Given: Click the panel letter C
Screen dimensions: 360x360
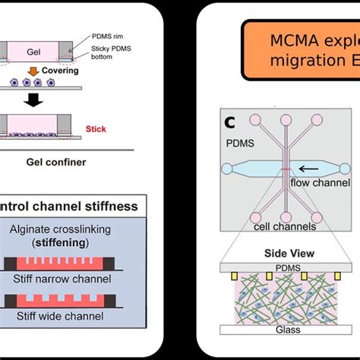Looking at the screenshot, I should tap(229, 120).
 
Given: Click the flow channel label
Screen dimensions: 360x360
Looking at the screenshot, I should tap(320, 182).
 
